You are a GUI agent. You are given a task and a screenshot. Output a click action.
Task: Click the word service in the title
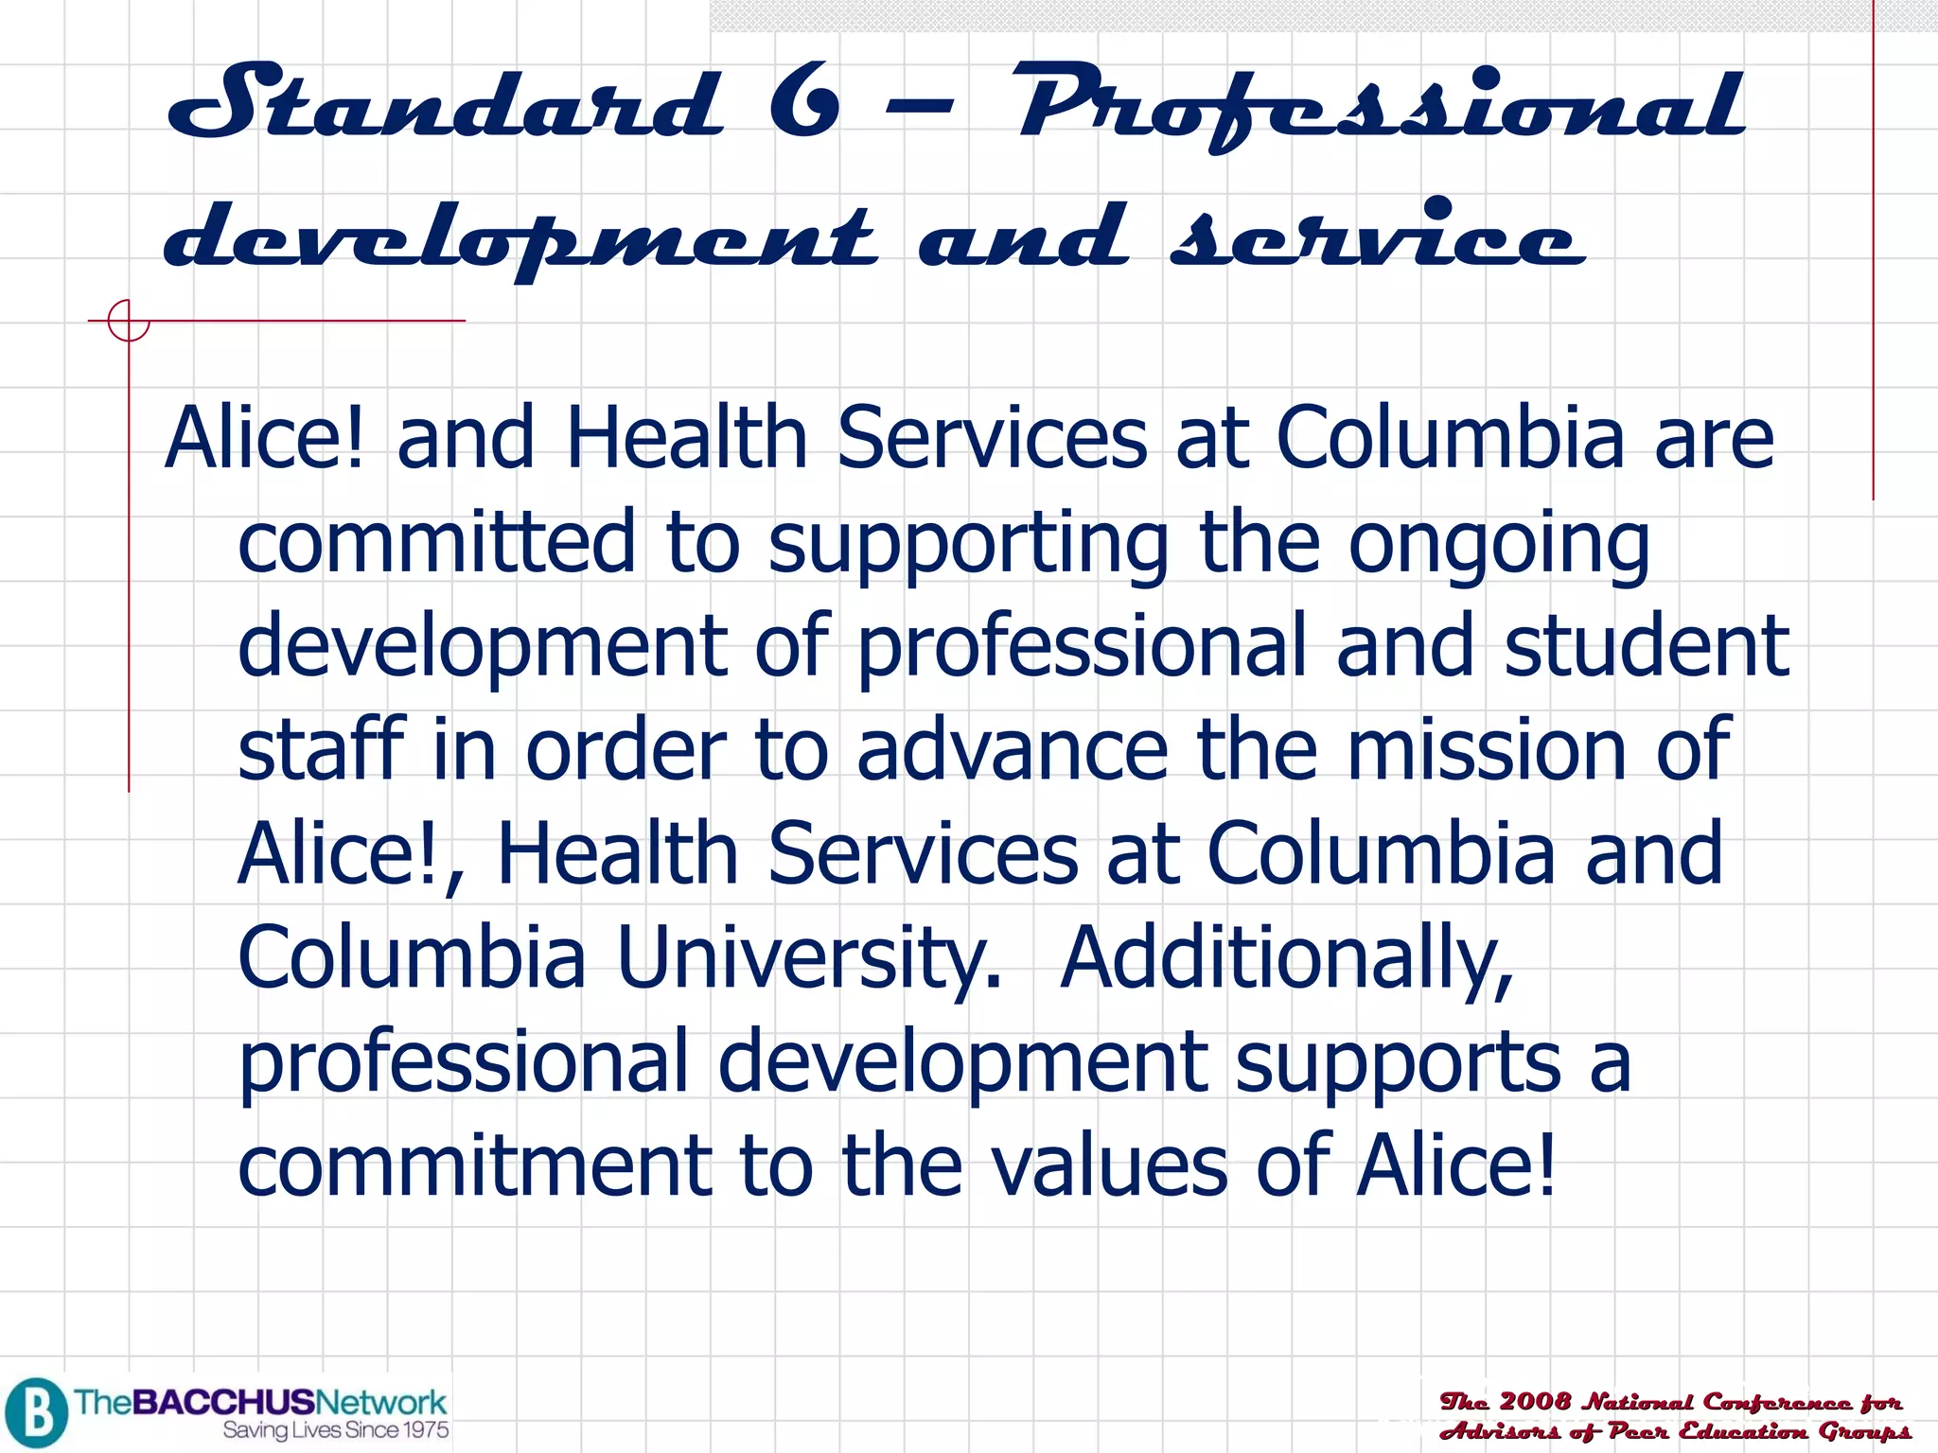point(1377,236)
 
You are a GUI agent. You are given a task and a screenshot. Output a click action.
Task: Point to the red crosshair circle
point(128,321)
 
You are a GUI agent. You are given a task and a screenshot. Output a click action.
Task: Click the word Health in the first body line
point(686,437)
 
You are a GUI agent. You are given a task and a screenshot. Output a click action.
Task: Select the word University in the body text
point(808,958)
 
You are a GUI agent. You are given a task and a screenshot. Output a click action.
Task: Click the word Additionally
point(1286,958)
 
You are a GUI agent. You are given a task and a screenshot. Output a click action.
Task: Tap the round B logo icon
point(35,1412)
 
